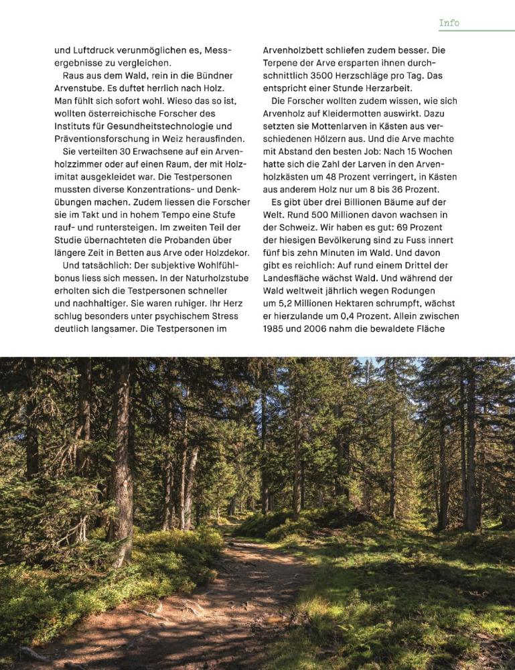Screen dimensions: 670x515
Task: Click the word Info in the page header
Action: tap(449, 23)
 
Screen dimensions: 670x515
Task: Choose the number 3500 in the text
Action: tap(327, 76)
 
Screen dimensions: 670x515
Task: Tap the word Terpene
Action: tap(283, 63)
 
